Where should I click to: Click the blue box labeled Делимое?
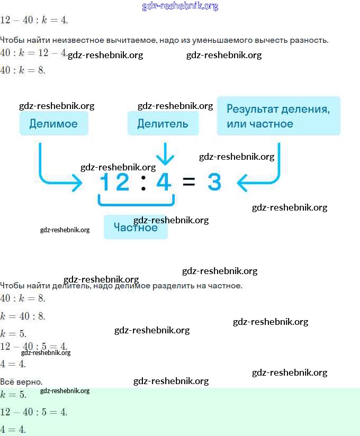pos(53,124)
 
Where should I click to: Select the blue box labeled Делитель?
pos(163,124)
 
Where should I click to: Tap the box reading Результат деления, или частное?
pos(278,116)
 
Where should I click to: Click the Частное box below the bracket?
pos(136,228)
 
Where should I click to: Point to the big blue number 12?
pos(115,183)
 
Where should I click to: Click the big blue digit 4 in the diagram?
pos(164,183)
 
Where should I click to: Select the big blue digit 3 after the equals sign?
pos(214,183)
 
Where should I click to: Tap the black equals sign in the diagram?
pos(188,183)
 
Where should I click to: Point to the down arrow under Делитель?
pos(165,155)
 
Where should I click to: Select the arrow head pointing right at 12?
pos(77,184)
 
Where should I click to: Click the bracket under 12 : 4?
pos(136,201)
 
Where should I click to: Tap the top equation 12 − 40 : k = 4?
pos(34,21)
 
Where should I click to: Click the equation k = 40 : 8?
pos(23,316)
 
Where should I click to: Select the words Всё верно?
pos(21,381)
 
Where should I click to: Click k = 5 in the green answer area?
pos(13,395)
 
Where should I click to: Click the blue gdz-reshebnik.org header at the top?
pos(180,6)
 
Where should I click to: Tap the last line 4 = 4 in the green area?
pos(13,429)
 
